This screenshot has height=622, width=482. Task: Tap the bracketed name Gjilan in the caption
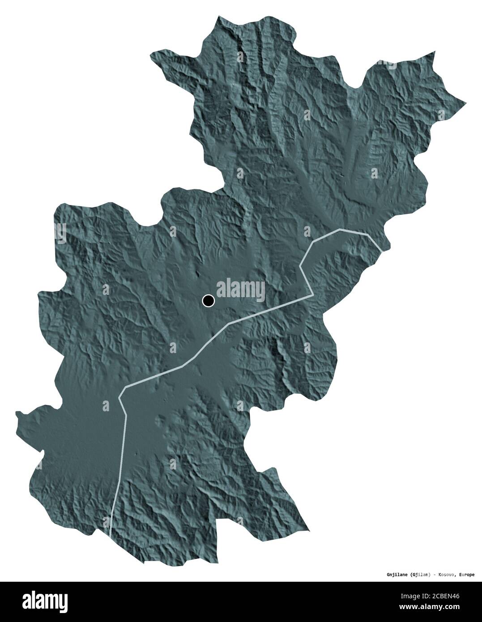click(419, 575)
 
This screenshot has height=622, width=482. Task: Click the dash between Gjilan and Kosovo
click(434, 575)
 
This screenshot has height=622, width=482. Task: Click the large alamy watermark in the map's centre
click(241, 290)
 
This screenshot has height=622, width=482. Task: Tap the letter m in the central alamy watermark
click(245, 290)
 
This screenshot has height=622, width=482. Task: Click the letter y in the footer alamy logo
click(64, 603)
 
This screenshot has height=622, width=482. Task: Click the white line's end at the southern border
click(111, 534)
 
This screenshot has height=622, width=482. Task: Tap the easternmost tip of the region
click(466, 102)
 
